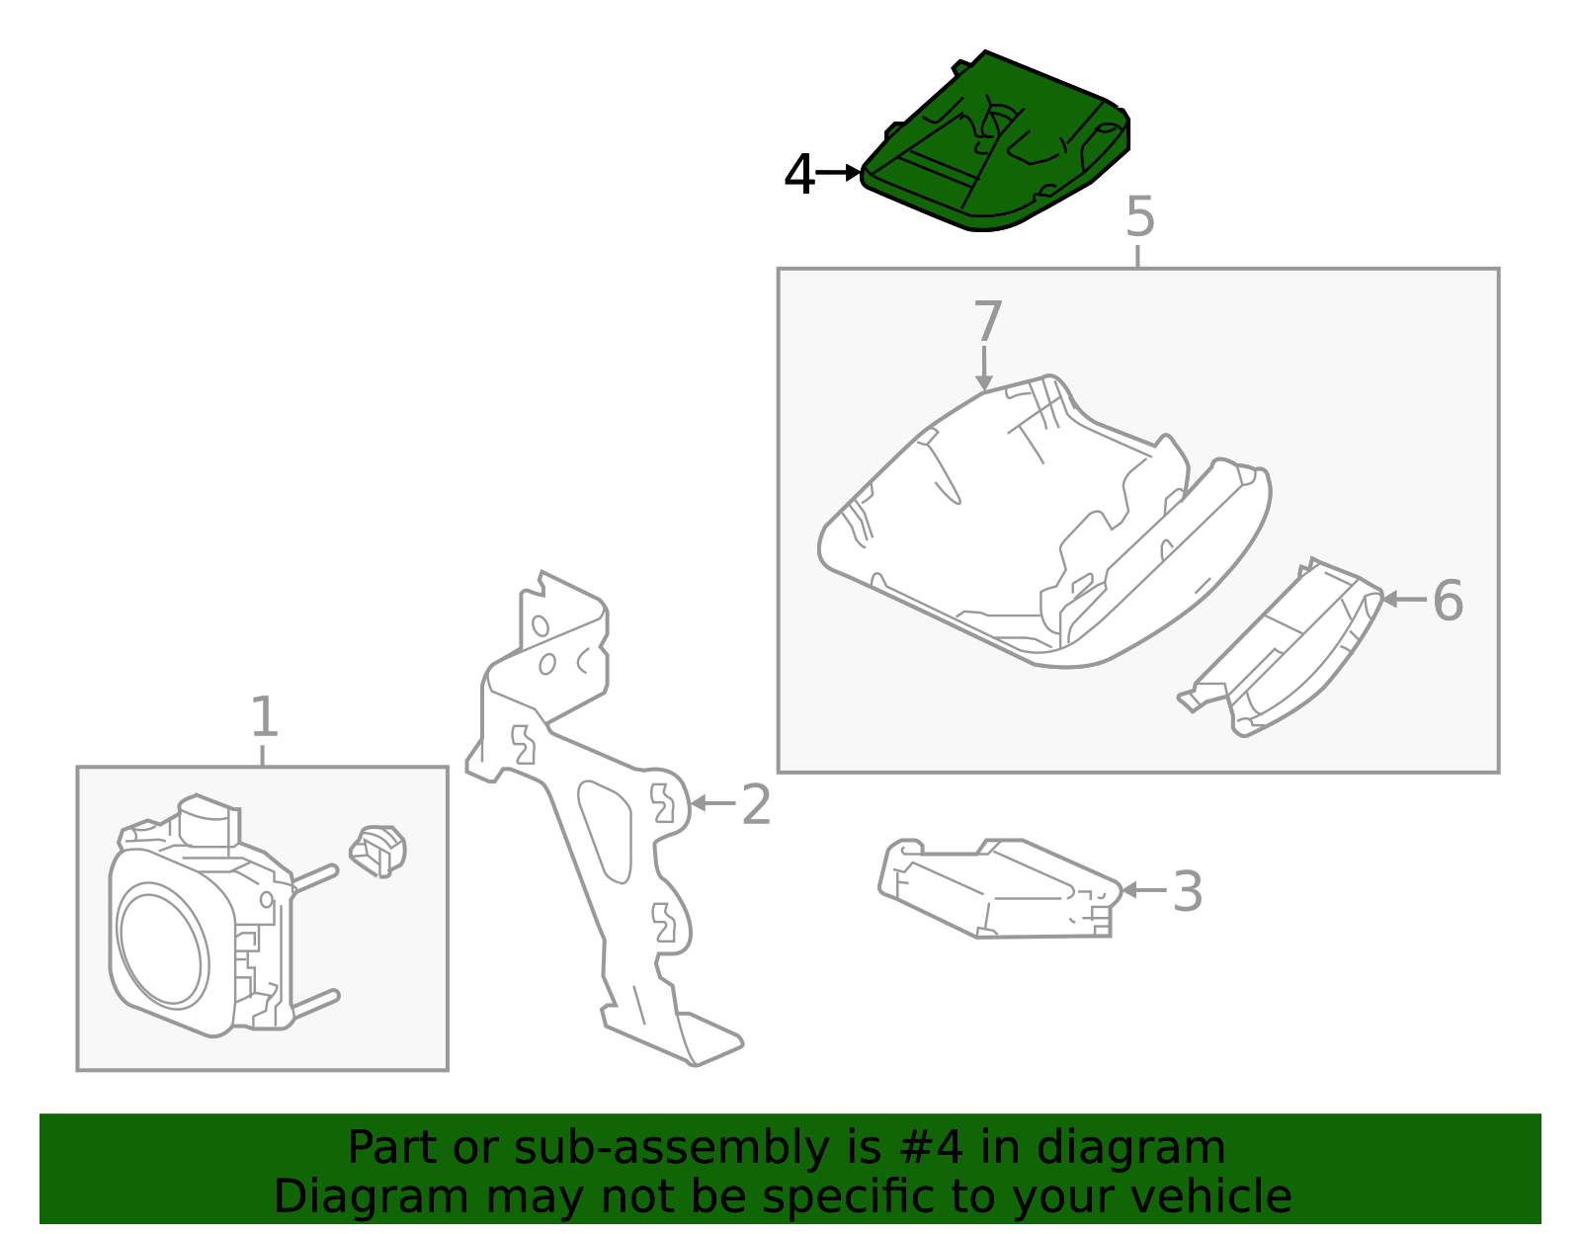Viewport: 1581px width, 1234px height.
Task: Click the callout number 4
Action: click(x=798, y=175)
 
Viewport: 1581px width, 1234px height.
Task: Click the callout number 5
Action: click(x=1139, y=216)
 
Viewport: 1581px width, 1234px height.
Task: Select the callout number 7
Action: click(x=987, y=321)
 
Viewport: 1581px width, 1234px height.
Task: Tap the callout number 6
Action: click(x=1448, y=601)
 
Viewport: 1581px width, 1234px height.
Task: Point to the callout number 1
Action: click(x=264, y=717)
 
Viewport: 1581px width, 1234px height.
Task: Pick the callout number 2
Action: click(x=756, y=805)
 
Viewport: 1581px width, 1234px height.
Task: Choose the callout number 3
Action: click(x=1187, y=891)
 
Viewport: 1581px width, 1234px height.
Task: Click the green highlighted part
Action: click(x=995, y=142)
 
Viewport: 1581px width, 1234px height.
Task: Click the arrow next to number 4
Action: click(x=838, y=173)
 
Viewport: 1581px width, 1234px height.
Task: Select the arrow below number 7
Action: click(x=983, y=369)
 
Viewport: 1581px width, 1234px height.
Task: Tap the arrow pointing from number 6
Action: click(x=1404, y=600)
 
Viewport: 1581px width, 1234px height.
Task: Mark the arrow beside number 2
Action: click(x=712, y=803)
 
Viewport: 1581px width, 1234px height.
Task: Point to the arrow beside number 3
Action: click(x=1143, y=890)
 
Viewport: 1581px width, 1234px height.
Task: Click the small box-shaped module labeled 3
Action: click(x=1000, y=888)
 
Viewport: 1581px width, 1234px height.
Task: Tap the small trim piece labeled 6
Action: click(x=1281, y=648)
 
